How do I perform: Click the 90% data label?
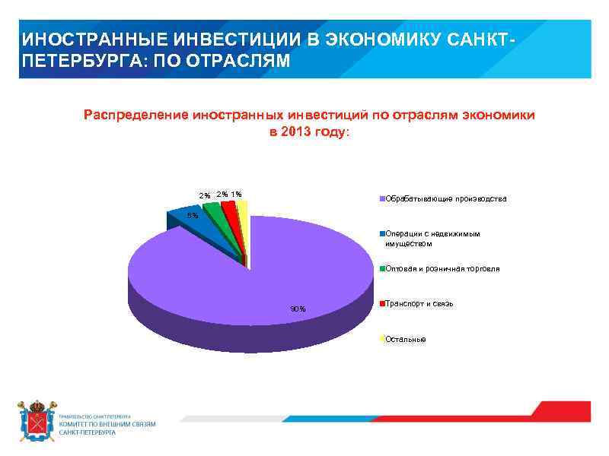pos(298,309)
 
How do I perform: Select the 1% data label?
pos(237,195)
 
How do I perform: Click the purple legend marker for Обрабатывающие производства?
pos(381,199)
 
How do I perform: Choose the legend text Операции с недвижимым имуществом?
pos(432,239)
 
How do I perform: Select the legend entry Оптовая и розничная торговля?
pos(442,268)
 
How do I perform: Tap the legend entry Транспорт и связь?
pos(419,303)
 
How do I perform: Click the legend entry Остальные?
pos(406,338)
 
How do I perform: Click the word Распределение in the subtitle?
pos(136,115)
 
